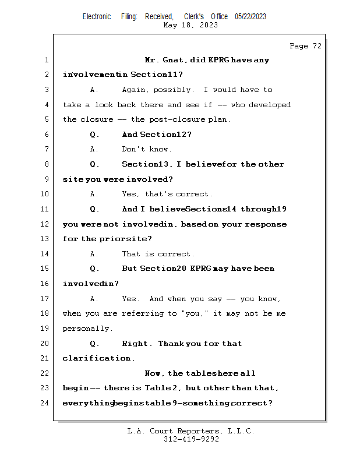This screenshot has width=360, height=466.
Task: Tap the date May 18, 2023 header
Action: click(190, 25)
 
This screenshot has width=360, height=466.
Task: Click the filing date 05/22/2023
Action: click(250, 16)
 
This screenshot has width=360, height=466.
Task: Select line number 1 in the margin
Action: click(46, 60)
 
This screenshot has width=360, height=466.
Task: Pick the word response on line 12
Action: click(266, 224)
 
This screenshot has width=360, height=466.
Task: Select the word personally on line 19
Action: click(87, 329)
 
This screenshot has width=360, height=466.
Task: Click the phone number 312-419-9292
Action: click(191, 440)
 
